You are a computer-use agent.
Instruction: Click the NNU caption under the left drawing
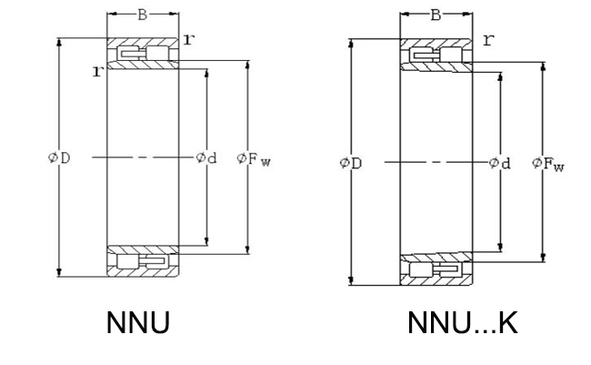(138, 323)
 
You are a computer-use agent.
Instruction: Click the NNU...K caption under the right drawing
(463, 323)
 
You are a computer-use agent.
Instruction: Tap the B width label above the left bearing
(142, 15)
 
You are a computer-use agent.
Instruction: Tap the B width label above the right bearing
(436, 15)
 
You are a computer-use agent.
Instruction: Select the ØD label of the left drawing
(59, 157)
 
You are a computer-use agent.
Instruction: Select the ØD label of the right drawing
(351, 163)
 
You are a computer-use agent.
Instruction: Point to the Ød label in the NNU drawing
(206, 157)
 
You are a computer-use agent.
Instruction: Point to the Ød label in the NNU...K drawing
(500, 163)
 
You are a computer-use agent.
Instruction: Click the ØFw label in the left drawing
(254, 159)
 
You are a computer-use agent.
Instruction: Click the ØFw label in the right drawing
(548, 164)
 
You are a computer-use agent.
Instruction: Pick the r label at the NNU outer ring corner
(189, 39)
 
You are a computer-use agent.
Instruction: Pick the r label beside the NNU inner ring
(98, 71)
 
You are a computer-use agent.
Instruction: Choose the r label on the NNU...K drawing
(488, 40)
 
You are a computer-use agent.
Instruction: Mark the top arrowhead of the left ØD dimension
(59, 42)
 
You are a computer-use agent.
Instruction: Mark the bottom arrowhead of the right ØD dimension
(351, 280)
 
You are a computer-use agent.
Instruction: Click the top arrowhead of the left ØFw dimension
(247, 65)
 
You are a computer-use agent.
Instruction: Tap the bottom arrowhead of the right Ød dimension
(500, 248)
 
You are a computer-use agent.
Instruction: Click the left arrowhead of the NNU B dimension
(112, 14)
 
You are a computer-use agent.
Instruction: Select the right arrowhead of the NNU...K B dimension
(467, 15)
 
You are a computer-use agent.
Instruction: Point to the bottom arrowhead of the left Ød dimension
(206, 241)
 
